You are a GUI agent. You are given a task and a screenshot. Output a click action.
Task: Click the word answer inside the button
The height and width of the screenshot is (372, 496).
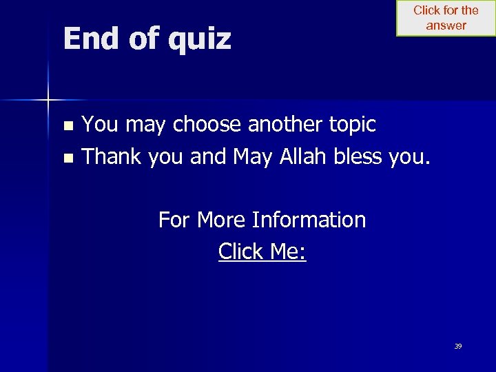(446, 25)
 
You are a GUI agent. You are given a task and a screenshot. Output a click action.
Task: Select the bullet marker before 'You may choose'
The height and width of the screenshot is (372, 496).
(68, 126)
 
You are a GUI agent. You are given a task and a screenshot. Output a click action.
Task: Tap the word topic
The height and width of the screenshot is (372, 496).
(353, 125)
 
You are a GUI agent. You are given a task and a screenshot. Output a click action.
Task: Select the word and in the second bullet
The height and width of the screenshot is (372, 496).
(208, 157)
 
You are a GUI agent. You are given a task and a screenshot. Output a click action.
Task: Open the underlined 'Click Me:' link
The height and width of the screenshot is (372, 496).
(262, 252)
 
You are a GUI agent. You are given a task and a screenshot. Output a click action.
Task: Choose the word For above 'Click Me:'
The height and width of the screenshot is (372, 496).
(175, 220)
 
